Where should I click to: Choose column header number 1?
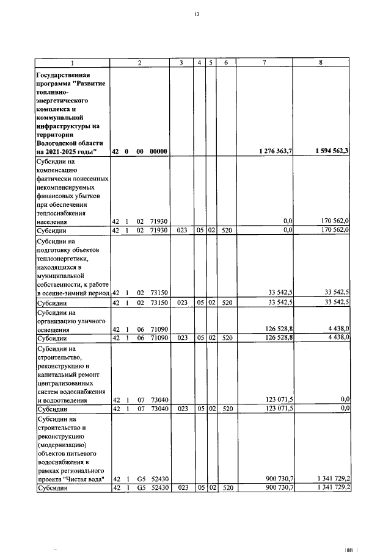coord(71,62)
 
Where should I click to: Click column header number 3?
coord(181,62)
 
